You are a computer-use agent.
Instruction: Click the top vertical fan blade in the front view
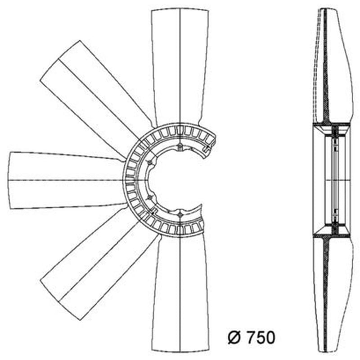click(180, 67)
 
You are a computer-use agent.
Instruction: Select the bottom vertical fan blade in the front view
click(180, 294)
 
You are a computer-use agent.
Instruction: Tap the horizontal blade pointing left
click(67, 180)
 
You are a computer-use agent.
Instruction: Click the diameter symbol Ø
click(234, 337)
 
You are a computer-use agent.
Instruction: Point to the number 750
click(260, 337)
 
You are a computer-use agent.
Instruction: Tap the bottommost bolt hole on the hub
click(180, 215)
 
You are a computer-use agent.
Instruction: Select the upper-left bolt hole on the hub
click(150, 162)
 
